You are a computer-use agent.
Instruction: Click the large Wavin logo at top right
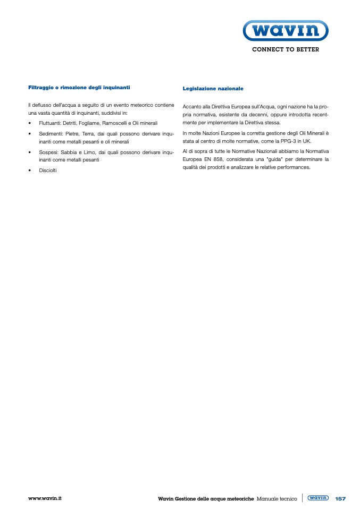(285, 31)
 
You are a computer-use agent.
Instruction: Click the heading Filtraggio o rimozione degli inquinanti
(79, 87)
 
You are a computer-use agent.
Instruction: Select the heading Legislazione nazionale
(213, 88)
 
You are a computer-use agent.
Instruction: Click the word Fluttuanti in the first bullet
(50, 123)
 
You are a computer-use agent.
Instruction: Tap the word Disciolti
(48, 170)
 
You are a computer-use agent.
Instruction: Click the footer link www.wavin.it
(45, 498)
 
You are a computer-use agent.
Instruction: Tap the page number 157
(340, 498)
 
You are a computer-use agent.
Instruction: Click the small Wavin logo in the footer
(318, 498)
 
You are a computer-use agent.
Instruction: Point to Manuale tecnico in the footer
(277, 499)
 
